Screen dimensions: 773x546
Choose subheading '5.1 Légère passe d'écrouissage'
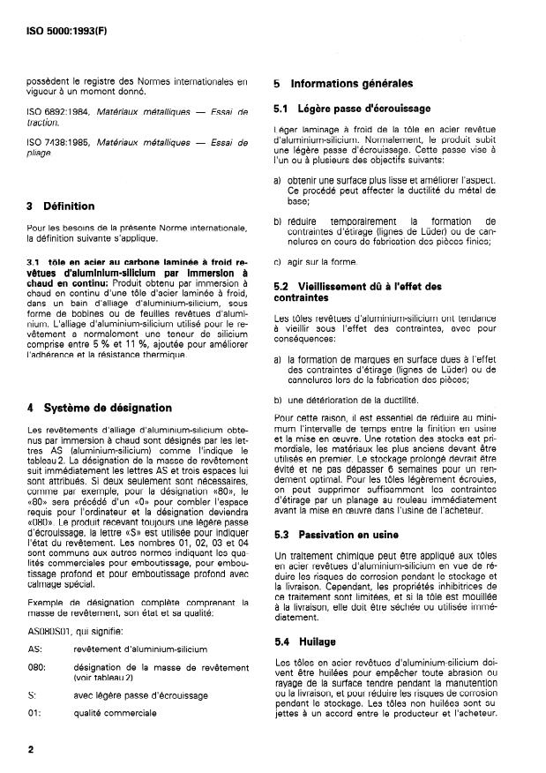pos(352,109)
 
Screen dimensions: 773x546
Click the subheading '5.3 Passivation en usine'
pos(336,535)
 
